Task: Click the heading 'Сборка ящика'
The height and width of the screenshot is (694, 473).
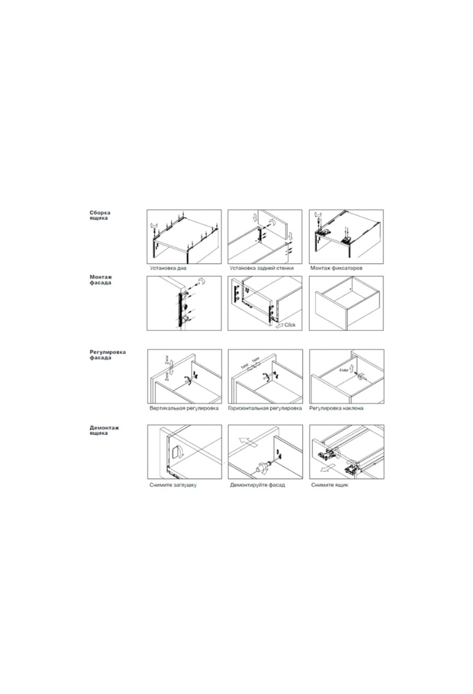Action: [x=100, y=215]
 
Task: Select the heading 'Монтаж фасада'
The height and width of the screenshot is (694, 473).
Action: [x=101, y=280]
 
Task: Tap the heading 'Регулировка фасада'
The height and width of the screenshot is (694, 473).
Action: [x=108, y=354]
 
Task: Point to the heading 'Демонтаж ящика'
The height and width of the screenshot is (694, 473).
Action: [x=104, y=430]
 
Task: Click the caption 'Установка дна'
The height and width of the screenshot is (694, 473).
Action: [x=168, y=268]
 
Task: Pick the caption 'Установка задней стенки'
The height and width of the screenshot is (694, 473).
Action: [x=262, y=268]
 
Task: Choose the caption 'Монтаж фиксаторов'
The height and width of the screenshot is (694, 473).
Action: [x=336, y=268]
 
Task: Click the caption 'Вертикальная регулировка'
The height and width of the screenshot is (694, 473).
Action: [x=184, y=408]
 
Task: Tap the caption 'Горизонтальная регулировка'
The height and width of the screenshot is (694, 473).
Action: [x=265, y=408]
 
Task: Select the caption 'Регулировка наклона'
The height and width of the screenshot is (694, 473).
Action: [x=336, y=408]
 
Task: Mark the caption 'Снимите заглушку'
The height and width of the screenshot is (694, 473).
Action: [x=173, y=485]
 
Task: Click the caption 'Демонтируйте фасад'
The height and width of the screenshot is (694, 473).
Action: [x=257, y=485]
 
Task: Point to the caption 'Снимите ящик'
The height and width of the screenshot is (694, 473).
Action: [x=330, y=485]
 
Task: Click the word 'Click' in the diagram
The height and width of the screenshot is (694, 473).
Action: [x=290, y=325]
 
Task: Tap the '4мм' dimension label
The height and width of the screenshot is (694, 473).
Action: [x=343, y=371]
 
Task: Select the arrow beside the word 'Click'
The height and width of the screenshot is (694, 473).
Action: [x=279, y=325]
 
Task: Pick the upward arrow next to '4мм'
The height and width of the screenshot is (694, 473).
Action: [x=352, y=369]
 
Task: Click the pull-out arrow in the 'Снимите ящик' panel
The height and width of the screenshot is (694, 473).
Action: [x=327, y=468]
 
